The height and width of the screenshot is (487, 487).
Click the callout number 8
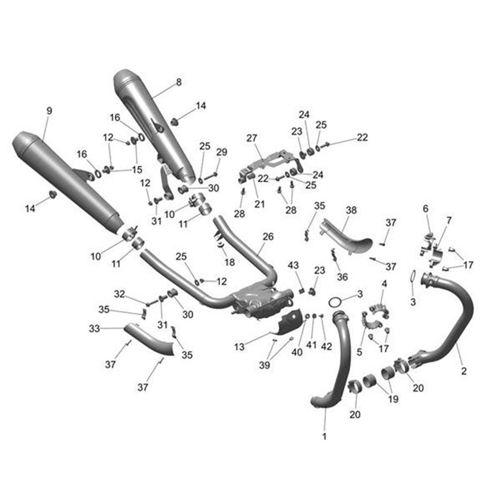coord(179,82)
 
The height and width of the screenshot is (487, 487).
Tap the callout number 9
coord(49,111)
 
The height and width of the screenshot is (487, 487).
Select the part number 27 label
coord(252,138)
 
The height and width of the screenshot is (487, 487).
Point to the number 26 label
coord(268,237)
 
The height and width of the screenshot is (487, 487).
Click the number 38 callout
coord(351,210)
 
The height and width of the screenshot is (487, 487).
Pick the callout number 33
coord(94,329)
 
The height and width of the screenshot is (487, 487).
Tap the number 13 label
coord(239,347)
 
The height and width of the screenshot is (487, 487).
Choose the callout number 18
coord(229,262)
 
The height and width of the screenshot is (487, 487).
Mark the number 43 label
coord(293,265)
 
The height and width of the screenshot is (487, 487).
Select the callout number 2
coord(464,371)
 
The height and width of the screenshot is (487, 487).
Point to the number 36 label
coord(343,277)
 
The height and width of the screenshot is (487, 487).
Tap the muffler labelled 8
coord(154,126)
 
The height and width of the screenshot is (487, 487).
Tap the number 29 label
coord(222,152)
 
